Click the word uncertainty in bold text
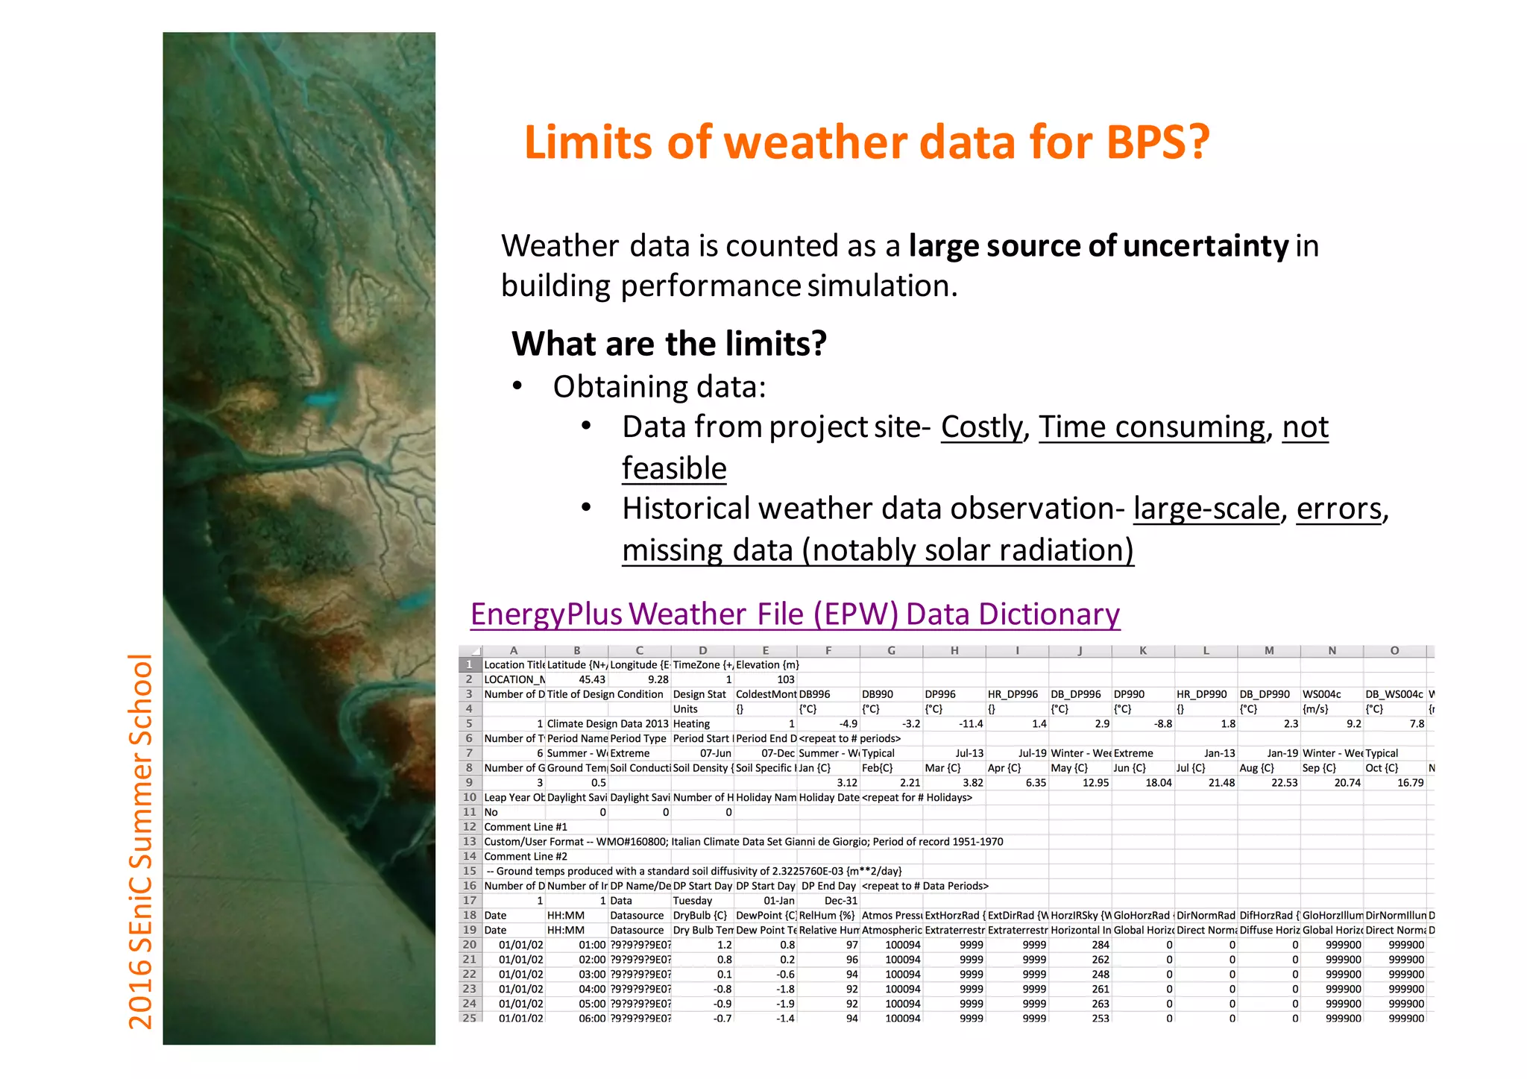coord(1206,246)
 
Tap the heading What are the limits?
coord(669,344)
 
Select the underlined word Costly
coord(982,427)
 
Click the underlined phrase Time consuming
coord(1152,427)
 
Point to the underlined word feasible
coord(674,468)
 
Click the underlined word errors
coord(1339,509)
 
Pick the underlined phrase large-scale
coord(1206,509)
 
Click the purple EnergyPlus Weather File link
coord(795,614)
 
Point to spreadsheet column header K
coord(1142,651)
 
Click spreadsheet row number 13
coord(469,841)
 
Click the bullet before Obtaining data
coord(517,386)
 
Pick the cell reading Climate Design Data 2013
coord(608,723)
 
